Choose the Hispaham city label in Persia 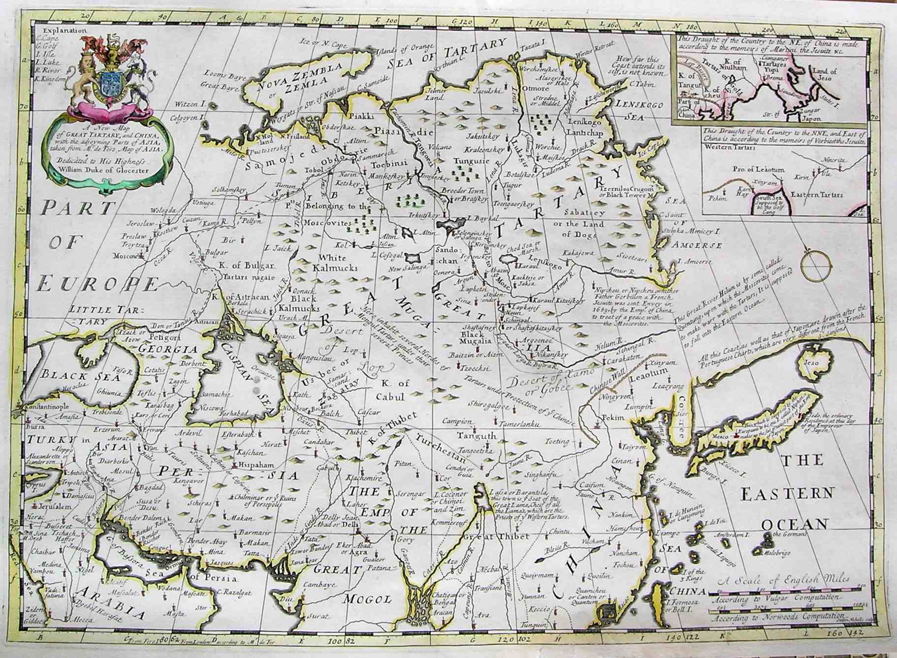click(256, 464)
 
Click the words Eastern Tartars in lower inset click(816, 195)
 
